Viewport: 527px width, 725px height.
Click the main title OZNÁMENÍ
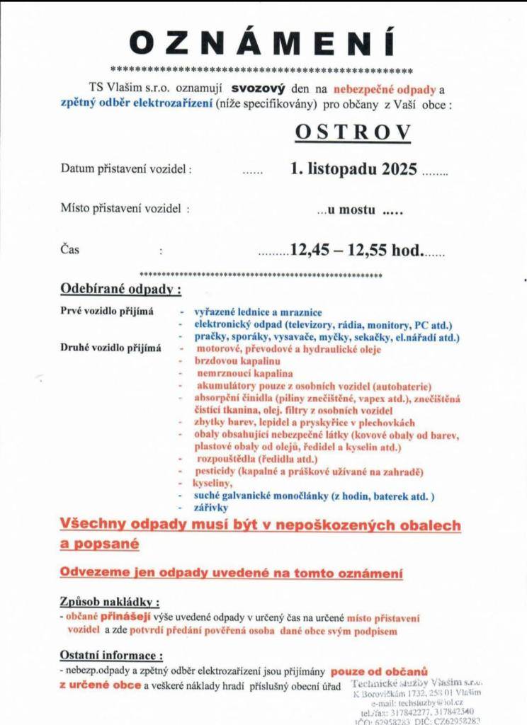pos(263,43)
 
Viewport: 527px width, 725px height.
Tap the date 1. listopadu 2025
pos(353,170)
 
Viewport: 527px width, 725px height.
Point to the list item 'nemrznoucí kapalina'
pos(245,372)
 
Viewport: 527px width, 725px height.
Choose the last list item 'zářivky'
pos(211,507)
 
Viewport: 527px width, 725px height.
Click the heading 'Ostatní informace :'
pos(111,656)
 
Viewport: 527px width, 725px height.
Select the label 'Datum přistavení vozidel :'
pos(125,170)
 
